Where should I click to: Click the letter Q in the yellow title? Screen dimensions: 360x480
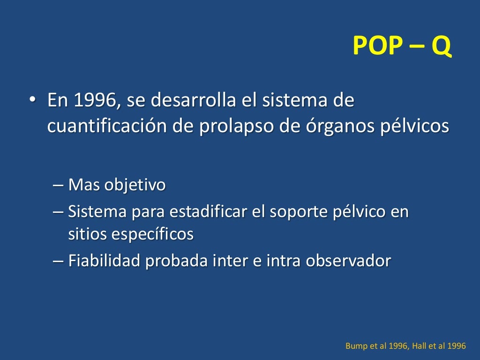pos(441,46)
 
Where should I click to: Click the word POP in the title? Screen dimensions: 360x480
pos(377,46)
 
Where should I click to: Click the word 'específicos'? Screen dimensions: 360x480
pos(151,234)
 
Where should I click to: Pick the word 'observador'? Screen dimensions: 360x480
pos(348,261)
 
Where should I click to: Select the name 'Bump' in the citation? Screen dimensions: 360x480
pos(355,346)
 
